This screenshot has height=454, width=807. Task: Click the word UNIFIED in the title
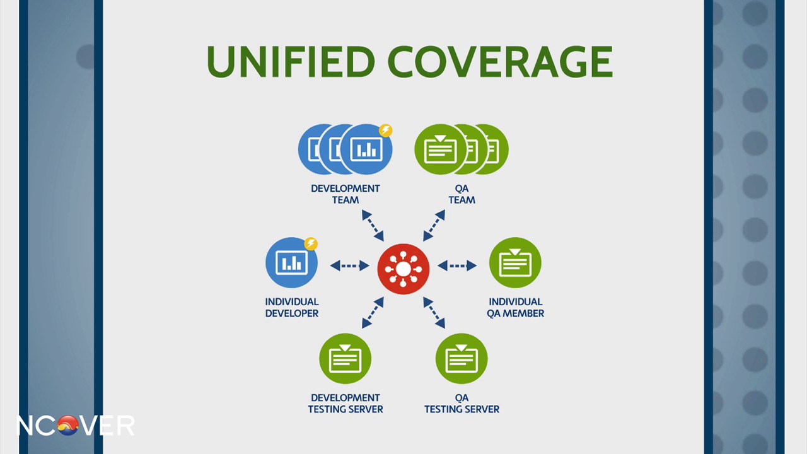point(291,61)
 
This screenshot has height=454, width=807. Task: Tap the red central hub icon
point(403,269)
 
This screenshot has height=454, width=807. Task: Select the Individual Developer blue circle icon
point(291,263)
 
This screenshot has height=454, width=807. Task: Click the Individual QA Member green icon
point(515,263)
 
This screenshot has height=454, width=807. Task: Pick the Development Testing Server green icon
point(345,359)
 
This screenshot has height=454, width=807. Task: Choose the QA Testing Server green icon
point(462,359)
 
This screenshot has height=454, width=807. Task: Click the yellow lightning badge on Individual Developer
point(311,243)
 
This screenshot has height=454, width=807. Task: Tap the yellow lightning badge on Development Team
point(385,131)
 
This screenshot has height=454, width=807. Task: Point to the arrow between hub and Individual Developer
point(349,265)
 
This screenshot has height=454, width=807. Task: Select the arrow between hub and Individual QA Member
point(457,265)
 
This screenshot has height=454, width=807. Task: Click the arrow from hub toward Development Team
point(373,226)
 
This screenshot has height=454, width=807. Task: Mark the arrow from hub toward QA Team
point(434,226)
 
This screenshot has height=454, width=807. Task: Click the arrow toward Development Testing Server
point(373,313)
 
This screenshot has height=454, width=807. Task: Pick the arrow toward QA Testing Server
point(434,313)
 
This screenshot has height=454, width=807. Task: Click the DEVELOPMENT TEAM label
point(345,194)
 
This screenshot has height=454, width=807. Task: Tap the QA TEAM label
point(462,194)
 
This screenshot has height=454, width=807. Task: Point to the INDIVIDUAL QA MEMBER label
point(515,308)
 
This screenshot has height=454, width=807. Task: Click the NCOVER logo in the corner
point(75,426)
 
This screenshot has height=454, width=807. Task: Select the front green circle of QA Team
point(440,149)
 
